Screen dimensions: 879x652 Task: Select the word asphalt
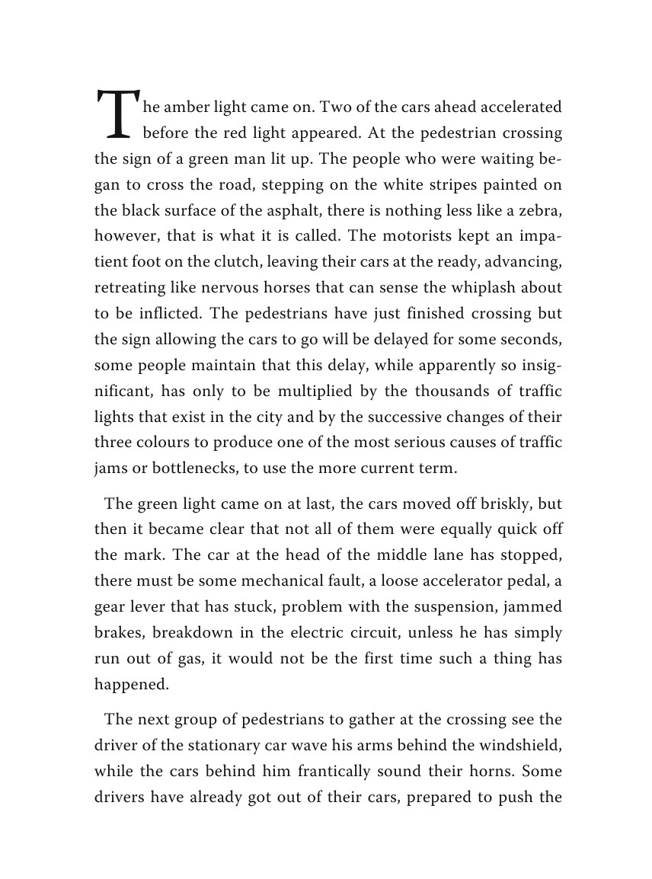287,210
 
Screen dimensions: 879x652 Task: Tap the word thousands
447,392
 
